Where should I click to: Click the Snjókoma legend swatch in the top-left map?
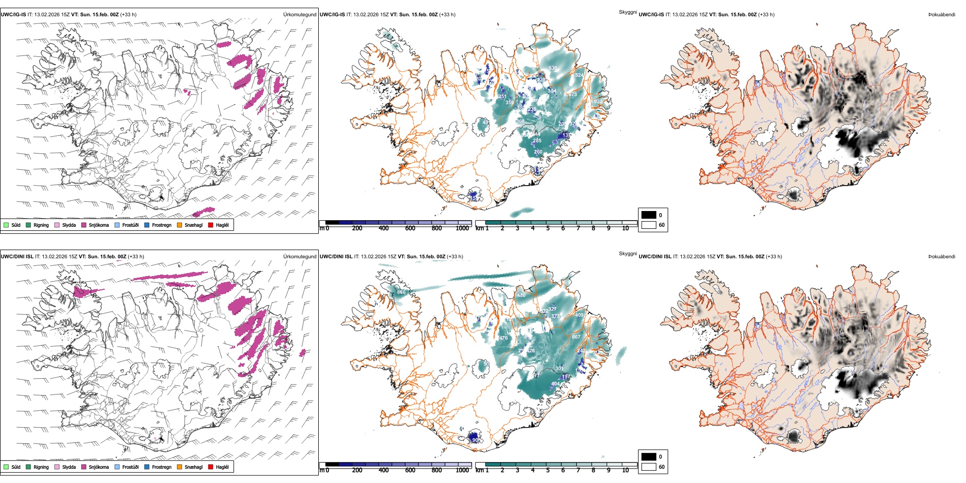tap(84, 225)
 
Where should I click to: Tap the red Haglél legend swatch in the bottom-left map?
tap(211, 467)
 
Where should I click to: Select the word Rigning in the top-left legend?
tap(41, 225)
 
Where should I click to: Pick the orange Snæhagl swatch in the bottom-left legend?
tap(179, 467)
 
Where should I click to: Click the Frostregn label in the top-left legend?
tap(162, 225)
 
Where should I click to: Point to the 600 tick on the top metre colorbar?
tap(410, 228)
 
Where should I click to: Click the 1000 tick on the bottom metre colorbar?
tap(462, 470)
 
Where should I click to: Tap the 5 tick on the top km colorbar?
tap(548, 228)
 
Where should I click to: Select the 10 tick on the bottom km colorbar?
tap(625, 470)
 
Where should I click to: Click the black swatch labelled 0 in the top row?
tap(649, 215)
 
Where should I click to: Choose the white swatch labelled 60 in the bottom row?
tap(649, 467)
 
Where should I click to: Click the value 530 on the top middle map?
tap(553, 68)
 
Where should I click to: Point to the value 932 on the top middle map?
tap(598, 102)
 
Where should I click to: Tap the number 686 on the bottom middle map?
tap(402, 292)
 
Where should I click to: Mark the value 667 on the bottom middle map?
tap(576, 337)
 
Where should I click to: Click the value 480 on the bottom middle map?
tap(521, 295)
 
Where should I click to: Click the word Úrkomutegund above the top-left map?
tap(299, 15)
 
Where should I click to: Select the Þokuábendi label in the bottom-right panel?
tap(942, 257)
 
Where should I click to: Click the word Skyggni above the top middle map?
tap(627, 12)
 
